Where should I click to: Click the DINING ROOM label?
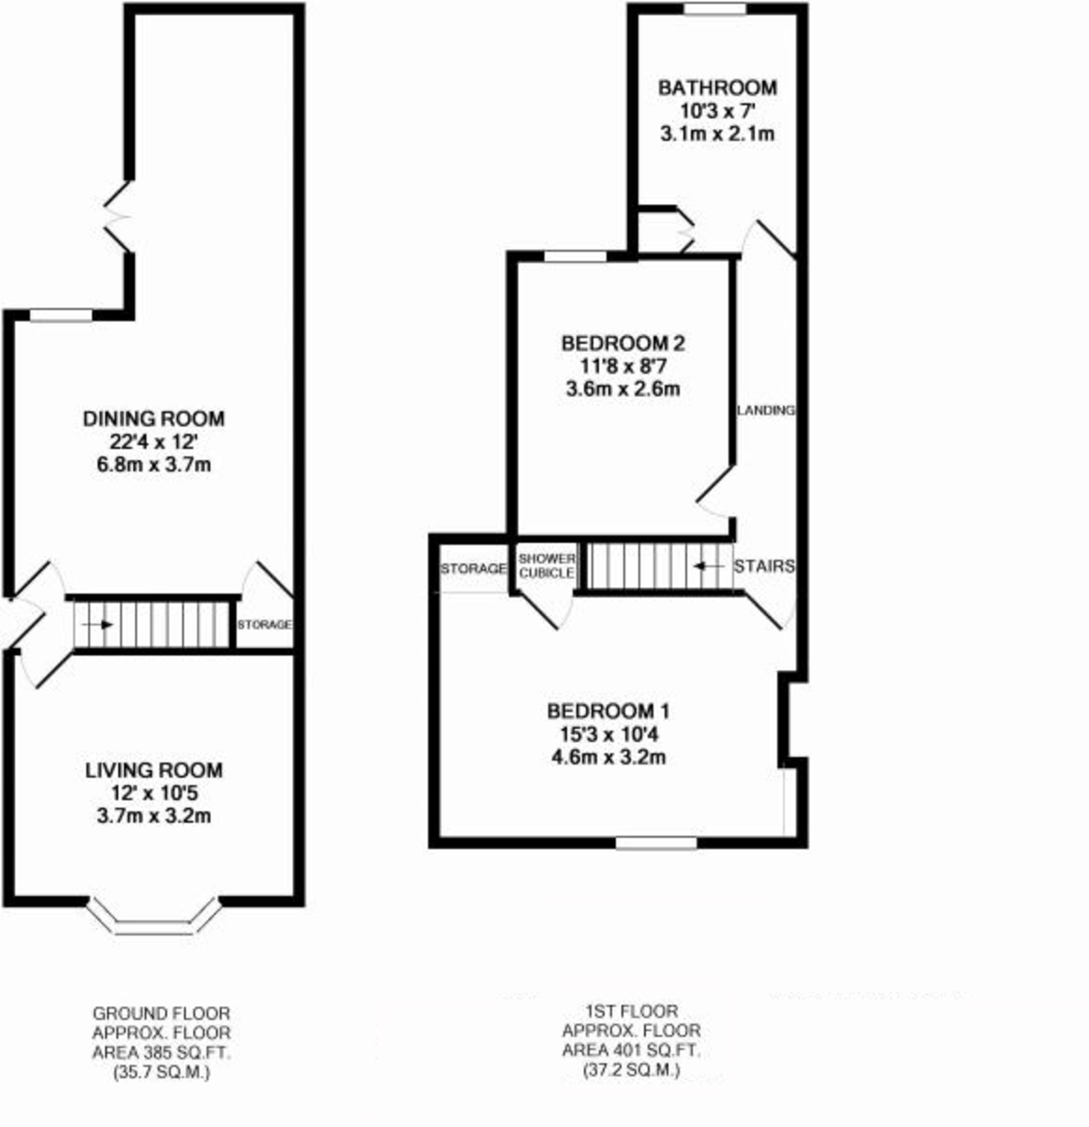[153, 418]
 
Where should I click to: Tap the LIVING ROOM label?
[154, 770]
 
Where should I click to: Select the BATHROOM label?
[717, 88]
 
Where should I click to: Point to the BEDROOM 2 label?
[623, 344]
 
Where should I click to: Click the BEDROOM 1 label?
[608, 711]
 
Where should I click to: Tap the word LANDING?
[765, 410]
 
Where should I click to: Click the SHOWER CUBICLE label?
[547, 565]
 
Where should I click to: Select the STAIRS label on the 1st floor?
[764, 565]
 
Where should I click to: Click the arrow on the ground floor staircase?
[98, 625]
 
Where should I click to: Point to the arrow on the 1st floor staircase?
[708, 565]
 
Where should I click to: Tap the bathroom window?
[715, 8]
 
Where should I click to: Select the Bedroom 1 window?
[656, 842]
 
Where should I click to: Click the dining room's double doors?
[118, 217]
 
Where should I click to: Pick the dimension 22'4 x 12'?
[154, 442]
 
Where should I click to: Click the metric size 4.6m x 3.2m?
[608, 757]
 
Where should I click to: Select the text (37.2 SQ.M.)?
[632, 1071]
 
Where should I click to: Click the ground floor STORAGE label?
[265, 625]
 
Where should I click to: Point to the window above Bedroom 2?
[575, 256]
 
